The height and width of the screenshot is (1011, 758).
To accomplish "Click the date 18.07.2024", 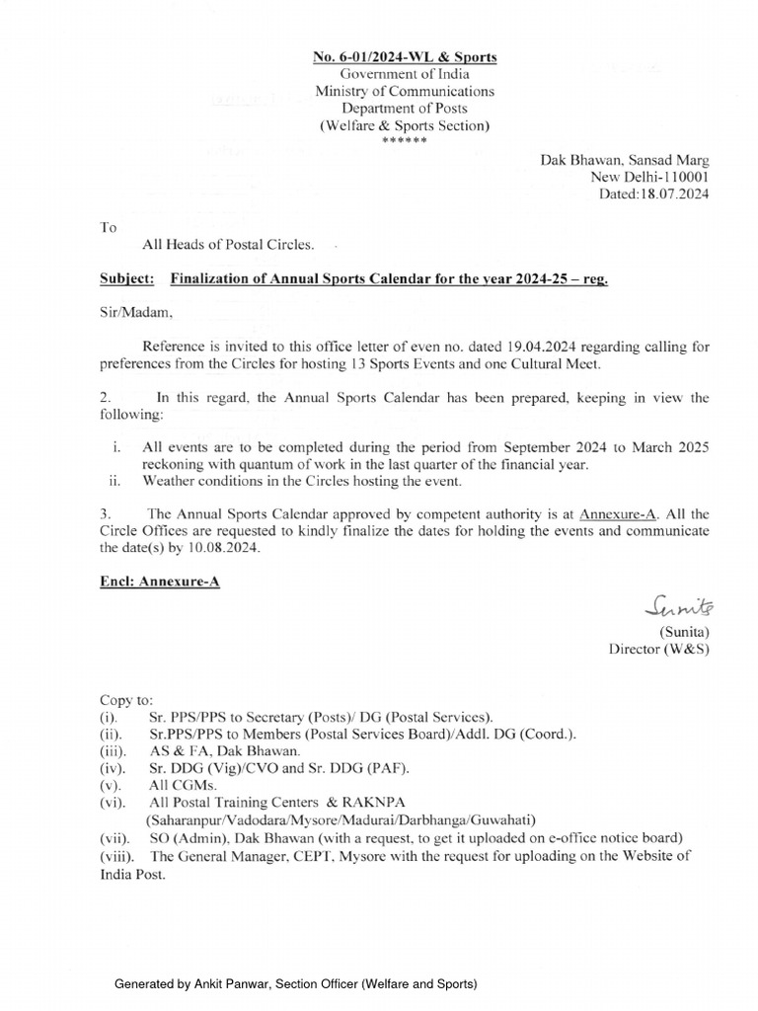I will [x=675, y=194].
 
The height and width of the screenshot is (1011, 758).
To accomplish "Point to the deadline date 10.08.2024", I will [x=226, y=548].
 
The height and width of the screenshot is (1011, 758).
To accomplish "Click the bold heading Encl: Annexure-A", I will [x=161, y=583].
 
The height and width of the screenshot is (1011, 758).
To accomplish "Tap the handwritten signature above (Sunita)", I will [x=681, y=604].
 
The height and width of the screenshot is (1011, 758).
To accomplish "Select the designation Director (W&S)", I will [x=658, y=649].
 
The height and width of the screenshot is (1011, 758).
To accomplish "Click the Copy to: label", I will [x=126, y=698].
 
